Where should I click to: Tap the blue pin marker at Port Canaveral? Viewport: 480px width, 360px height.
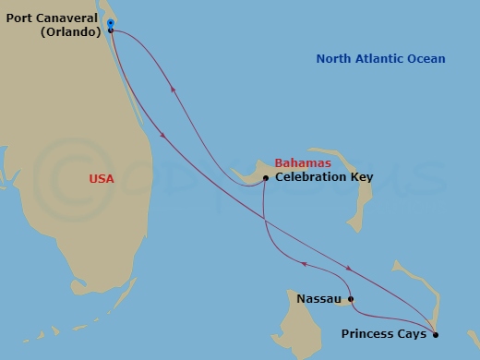tap(110, 22)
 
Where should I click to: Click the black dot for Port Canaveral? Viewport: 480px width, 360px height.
tap(111, 30)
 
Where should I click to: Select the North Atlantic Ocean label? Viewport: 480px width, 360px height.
tap(380, 59)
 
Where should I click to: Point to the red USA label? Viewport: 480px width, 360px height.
tap(102, 178)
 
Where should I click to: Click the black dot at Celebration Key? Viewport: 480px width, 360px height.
tap(266, 177)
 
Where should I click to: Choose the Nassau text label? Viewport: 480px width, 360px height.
tap(319, 299)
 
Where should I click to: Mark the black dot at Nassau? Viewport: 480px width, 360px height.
tap(350, 299)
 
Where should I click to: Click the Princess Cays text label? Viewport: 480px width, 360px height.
tap(383, 334)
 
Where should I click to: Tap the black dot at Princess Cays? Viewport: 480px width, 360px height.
tap(436, 334)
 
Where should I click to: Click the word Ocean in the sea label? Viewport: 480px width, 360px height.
tap(426, 59)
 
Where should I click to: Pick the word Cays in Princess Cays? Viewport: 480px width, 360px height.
tap(413, 334)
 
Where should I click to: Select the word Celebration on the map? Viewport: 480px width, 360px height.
tap(308, 177)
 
